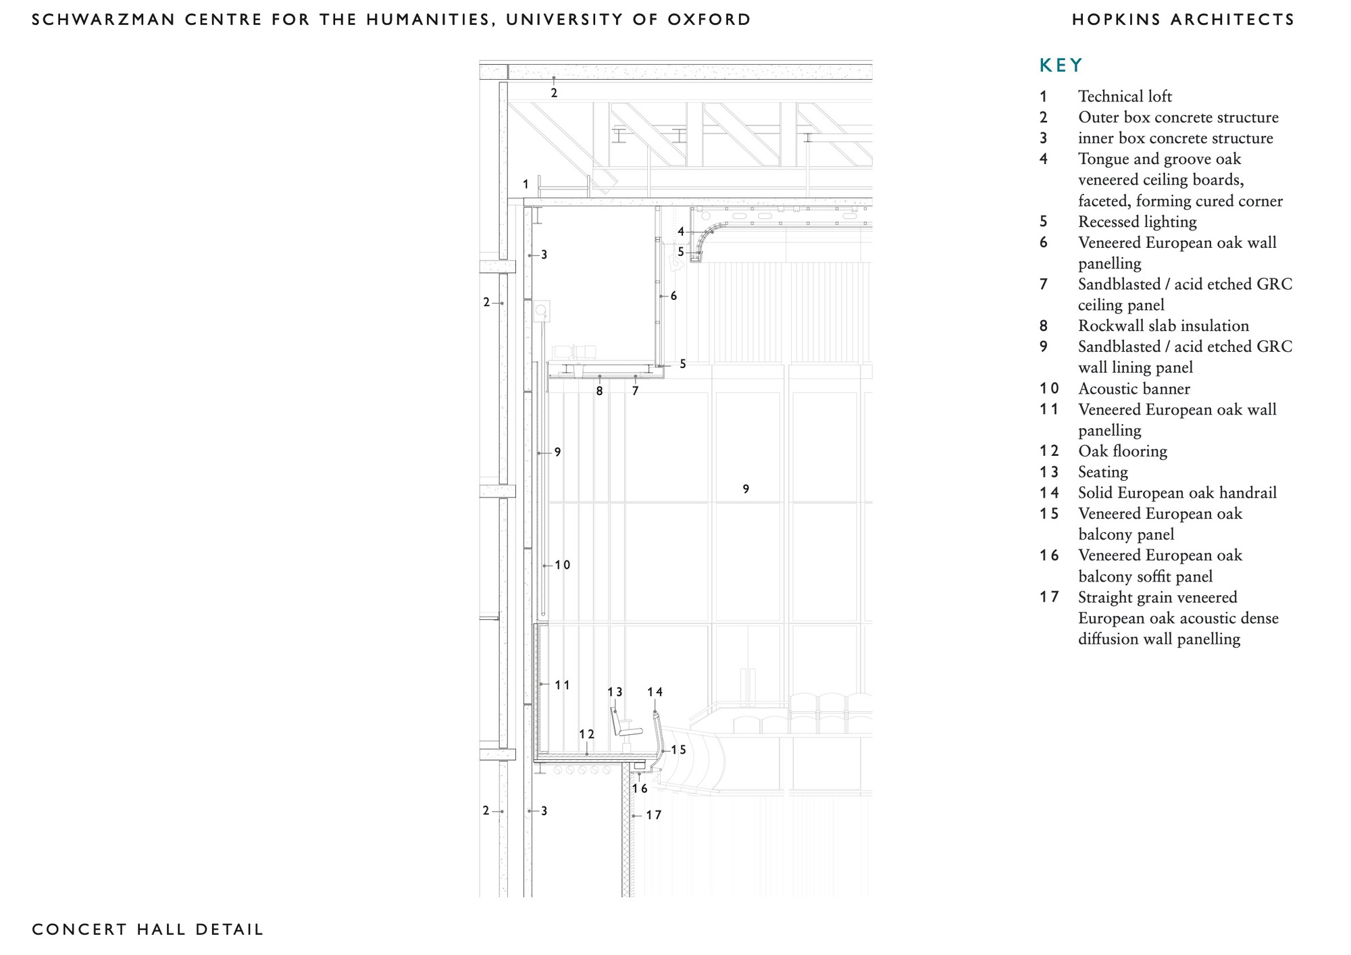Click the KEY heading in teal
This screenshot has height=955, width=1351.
click(1061, 66)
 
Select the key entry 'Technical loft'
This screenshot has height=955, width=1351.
click(1125, 97)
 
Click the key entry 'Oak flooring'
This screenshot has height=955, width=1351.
click(1122, 451)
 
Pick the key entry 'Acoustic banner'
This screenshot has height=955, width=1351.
click(1133, 389)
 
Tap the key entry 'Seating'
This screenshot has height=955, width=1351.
click(1102, 472)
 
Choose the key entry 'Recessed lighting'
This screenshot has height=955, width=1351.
click(1137, 222)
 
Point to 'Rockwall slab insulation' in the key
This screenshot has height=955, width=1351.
click(1163, 326)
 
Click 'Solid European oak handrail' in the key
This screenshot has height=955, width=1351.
click(1177, 493)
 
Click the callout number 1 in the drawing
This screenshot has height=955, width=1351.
click(526, 184)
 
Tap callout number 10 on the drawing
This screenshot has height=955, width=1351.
click(563, 565)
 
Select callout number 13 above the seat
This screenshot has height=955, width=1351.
click(615, 692)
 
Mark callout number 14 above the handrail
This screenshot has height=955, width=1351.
click(655, 692)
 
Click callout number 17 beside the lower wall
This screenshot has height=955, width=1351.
click(653, 815)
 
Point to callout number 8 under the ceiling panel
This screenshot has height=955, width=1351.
click(599, 391)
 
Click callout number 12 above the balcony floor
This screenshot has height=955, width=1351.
click(586, 734)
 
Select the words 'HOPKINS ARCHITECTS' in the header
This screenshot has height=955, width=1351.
click(1183, 20)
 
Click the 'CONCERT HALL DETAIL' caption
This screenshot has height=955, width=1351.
click(147, 929)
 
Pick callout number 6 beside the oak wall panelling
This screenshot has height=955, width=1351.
click(673, 296)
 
